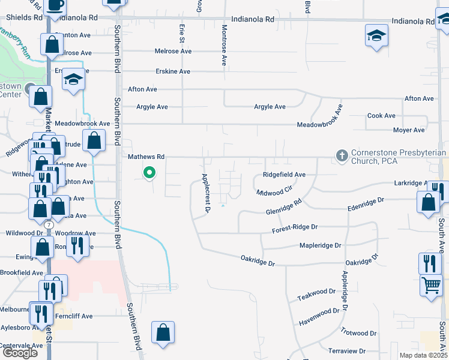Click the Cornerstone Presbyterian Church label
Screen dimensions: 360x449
(x=399, y=157)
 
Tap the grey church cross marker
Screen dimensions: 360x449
(x=342, y=156)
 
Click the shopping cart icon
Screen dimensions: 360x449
(x=431, y=286)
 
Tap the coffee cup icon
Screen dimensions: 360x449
(x=56, y=6)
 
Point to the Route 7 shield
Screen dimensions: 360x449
(x=49, y=224)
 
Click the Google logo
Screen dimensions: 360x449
(x=20, y=353)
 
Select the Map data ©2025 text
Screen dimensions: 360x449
(x=423, y=355)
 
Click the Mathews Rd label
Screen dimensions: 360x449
(x=146, y=157)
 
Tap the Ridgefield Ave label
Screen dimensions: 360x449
(x=284, y=175)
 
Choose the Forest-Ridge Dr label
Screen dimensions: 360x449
(x=294, y=229)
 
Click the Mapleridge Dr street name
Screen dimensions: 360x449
(x=320, y=245)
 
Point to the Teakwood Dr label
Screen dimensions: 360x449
(x=316, y=297)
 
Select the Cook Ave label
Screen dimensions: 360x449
(x=381, y=115)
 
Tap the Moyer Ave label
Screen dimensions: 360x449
(x=409, y=130)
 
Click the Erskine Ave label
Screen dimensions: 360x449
(x=172, y=71)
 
